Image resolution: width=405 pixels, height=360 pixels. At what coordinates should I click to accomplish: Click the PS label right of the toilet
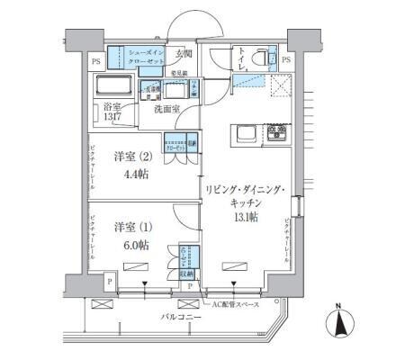pyautogui.click(x=286, y=60)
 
